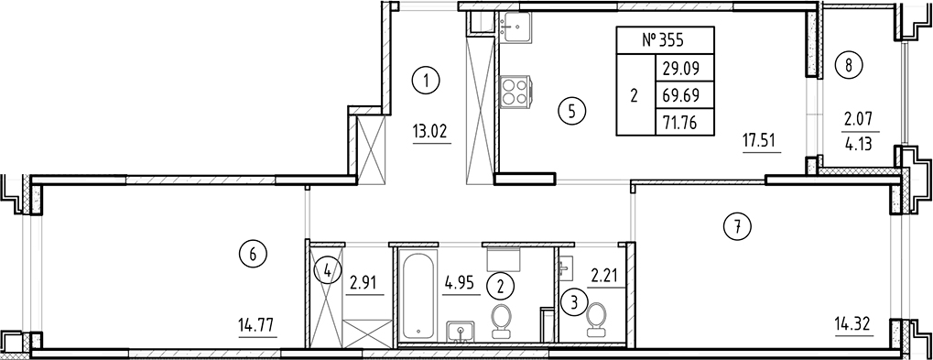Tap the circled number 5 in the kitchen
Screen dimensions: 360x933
tap(570, 112)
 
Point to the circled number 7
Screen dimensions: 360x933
tap(737, 225)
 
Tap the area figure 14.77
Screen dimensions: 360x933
tap(255, 323)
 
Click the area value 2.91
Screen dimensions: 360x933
tap(365, 281)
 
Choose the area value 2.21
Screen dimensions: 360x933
tap(606, 274)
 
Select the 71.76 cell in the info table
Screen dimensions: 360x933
tap(677, 119)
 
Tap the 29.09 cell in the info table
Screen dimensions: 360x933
tap(677, 67)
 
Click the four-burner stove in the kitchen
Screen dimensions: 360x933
tap(514, 93)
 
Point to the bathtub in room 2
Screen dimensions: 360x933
tap(418, 294)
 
